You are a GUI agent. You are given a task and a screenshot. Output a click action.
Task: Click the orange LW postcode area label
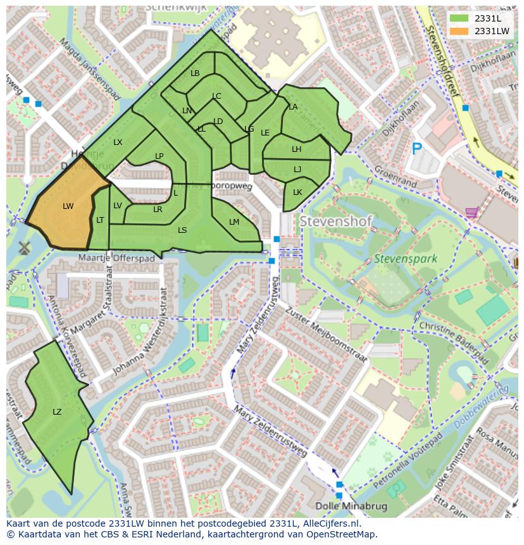click(x=68, y=206)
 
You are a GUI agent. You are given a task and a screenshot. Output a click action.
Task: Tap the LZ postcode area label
click(x=57, y=411)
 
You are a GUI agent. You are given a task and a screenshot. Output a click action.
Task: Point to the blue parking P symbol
click(x=416, y=149)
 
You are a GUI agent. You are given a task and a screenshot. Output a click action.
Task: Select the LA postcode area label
click(x=293, y=107)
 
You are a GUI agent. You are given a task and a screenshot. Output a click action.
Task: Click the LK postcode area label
click(x=297, y=192)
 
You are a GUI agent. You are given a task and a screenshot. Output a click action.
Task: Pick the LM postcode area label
click(x=234, y=222)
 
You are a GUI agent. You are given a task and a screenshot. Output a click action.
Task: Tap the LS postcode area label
click(x=182, y=230)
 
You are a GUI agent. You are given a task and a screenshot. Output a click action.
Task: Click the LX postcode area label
click(x=118, y=142)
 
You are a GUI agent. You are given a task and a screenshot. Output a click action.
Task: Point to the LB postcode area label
click(x=195, y=73)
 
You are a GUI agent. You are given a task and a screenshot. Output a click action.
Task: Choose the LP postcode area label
click(x=159, y=156)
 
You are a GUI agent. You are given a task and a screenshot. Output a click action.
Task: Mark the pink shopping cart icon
click(x=471, y=212)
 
